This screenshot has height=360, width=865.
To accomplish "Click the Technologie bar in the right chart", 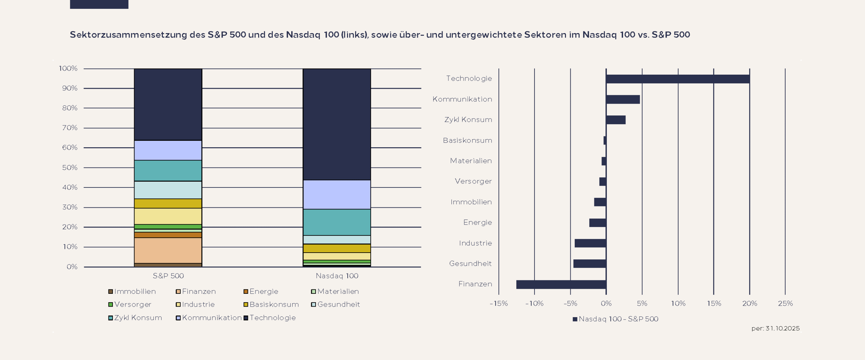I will tap(677, 79).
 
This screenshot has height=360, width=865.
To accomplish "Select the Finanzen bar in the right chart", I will tap(561, 284).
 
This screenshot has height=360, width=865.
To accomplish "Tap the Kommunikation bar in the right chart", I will tap(623, 99).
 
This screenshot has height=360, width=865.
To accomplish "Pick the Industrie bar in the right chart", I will tap(590, 243).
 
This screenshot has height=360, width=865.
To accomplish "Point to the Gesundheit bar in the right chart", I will tap(589, 264).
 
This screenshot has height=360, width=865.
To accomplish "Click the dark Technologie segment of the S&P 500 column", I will tap(168, 104).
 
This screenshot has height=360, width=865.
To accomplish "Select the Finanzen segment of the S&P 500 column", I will tap(168, 250).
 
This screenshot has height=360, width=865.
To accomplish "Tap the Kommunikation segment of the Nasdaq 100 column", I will tap(337, 195).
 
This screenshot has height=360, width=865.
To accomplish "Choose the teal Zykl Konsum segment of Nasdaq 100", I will tap(337, 222).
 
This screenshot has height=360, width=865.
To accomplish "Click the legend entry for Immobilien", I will tap(134, 291).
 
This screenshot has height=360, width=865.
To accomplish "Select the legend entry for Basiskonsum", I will tap(274, 305).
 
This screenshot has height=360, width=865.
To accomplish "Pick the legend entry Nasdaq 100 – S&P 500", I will tap(618, 319).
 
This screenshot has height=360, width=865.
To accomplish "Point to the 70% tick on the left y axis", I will tap(70, 128).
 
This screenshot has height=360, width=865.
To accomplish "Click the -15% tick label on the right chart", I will tap(498, 304).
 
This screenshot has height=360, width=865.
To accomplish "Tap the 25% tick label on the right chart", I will tap(785, 304).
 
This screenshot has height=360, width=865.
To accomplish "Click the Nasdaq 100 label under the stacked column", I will tap(337, 276).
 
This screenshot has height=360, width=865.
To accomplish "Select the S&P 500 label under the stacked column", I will tap(168, 276).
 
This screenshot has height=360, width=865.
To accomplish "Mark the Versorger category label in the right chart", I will tap(473, 181).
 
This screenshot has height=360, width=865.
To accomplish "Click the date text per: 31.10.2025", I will tap(775, 329).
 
